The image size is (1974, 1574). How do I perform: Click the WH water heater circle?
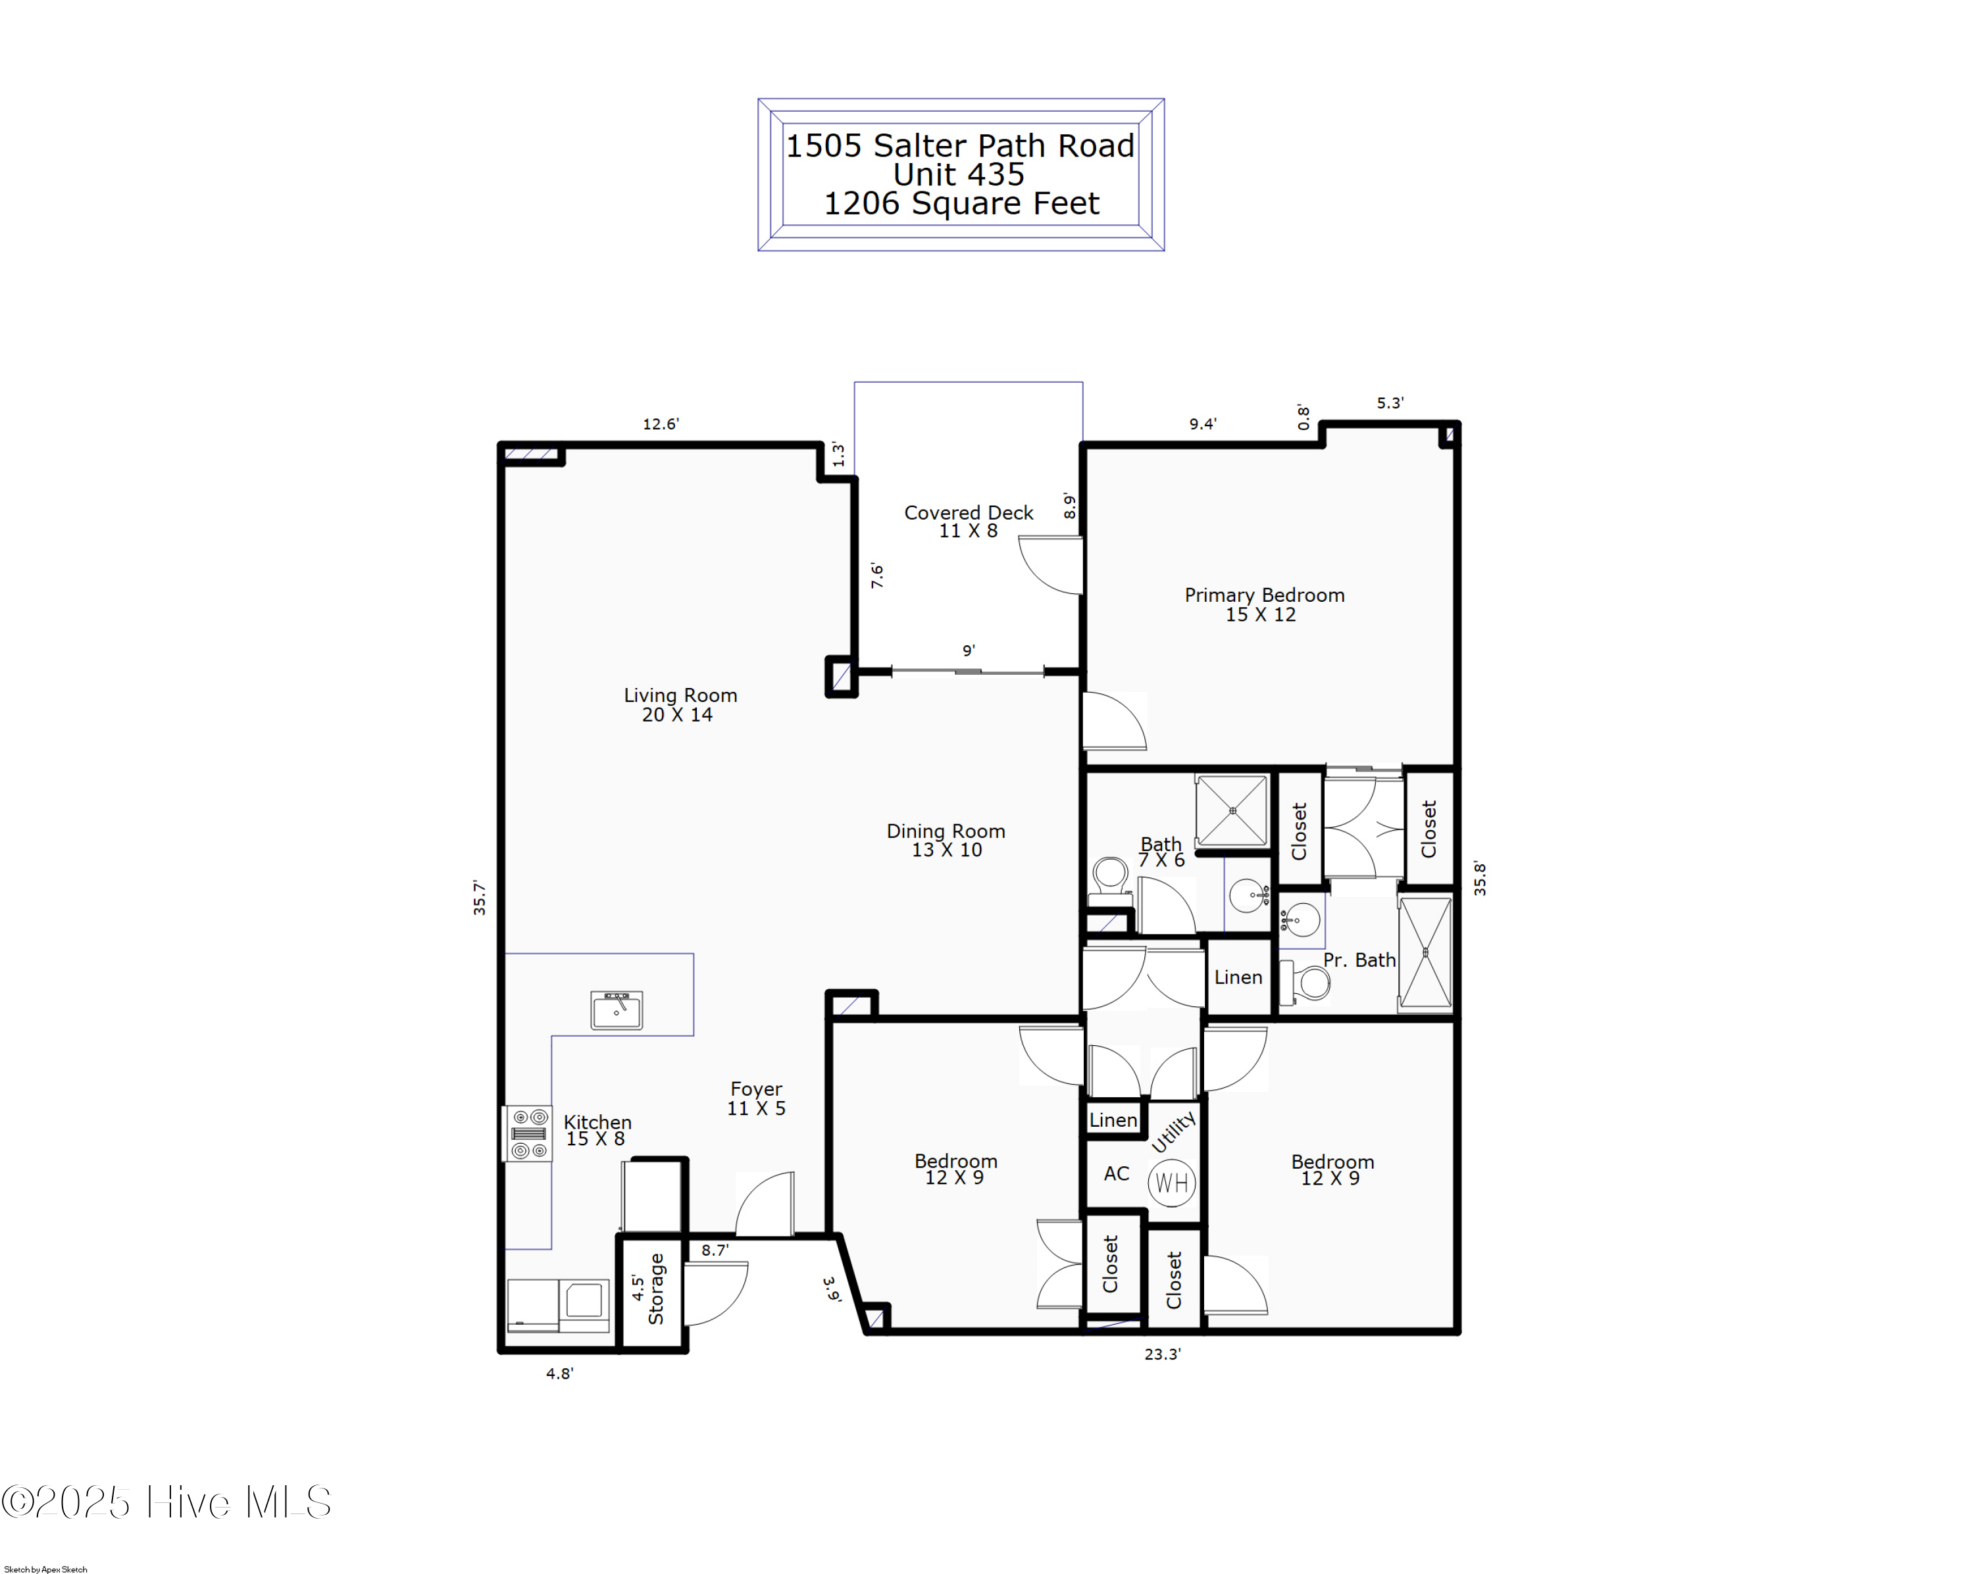pos(1172,1183)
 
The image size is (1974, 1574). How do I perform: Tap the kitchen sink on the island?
pos(616,1010)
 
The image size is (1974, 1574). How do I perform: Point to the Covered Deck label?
pos(968,521)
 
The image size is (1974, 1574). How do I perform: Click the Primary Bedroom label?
pos(1263,604)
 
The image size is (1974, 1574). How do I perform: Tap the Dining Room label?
pos(946,839)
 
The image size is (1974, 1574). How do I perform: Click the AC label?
pos(1116,1173)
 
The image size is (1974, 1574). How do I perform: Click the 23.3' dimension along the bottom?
pos(1162,1354)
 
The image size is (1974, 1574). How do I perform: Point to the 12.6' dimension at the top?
pos(660,424)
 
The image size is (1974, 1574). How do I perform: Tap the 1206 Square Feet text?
pos(961,203)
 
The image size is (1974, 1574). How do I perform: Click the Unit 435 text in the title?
pos(959,174)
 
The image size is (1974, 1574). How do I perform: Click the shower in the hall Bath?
pos(1232,811)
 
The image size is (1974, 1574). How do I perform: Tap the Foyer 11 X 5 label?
pos(756,1097)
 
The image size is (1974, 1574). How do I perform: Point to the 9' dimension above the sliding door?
pos(968,651)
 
